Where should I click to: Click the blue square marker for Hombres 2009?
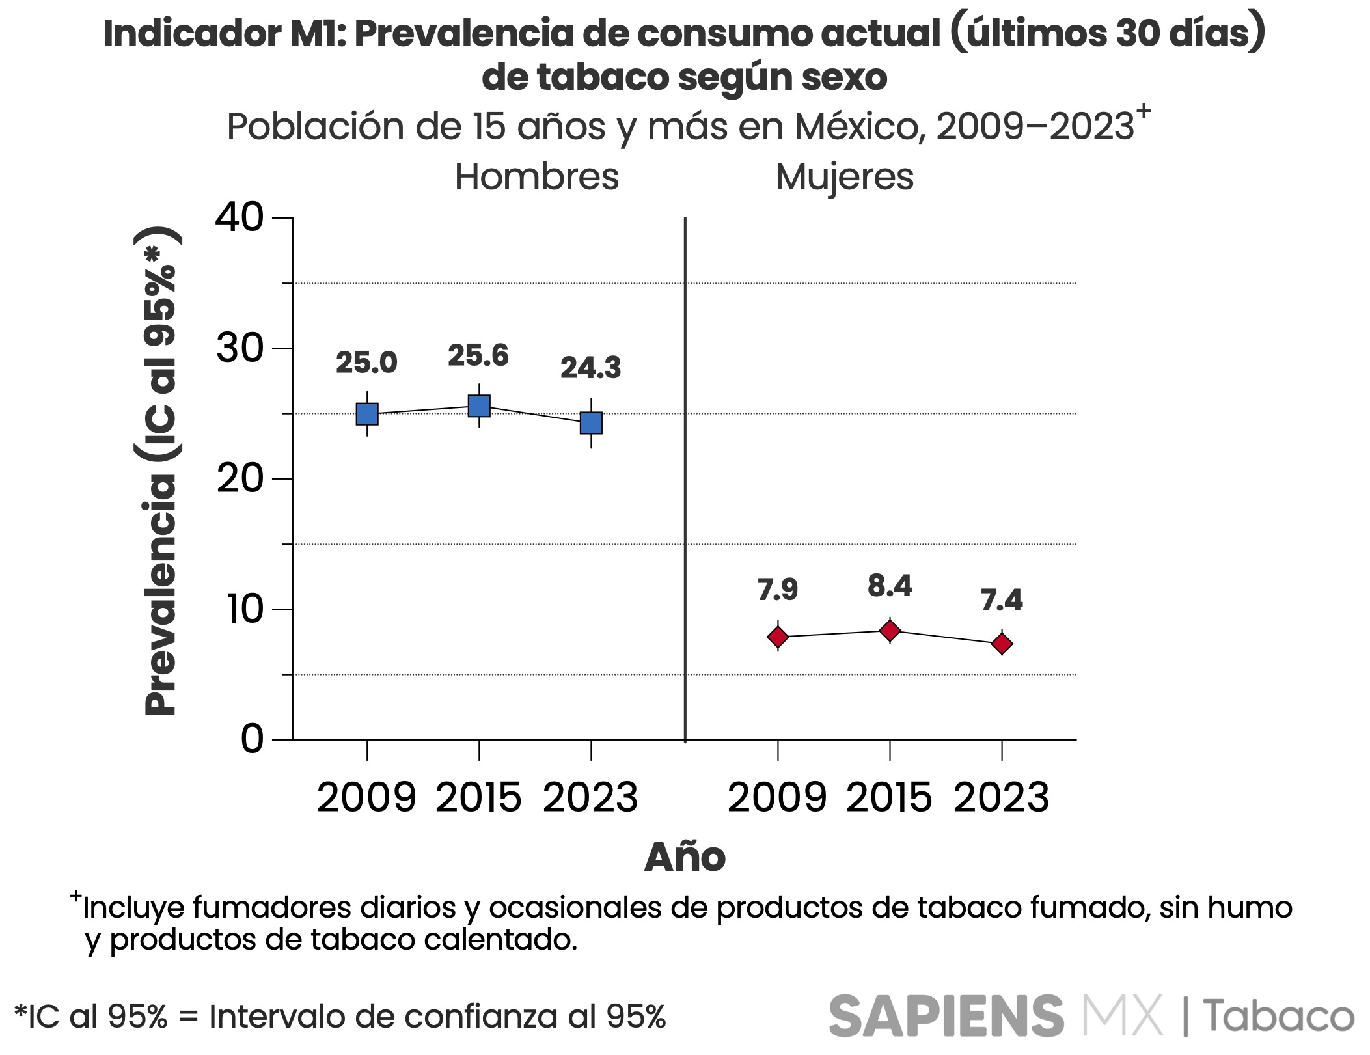367,414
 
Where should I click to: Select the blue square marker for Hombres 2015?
479,406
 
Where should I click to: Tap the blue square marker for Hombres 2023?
591,423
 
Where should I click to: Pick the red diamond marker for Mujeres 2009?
778,637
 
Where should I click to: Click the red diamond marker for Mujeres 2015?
890,631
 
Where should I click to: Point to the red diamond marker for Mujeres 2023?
1002,644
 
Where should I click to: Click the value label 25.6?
478,356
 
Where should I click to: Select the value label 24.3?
590,368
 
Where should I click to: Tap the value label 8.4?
890,586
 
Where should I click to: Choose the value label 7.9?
778,590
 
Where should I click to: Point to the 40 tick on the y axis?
240,217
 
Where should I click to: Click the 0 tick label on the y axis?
252,739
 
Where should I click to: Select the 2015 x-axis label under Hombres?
478,798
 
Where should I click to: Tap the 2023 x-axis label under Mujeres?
1001,798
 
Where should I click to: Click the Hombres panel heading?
536,177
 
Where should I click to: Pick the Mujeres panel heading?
844,177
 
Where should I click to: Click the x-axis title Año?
685,857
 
